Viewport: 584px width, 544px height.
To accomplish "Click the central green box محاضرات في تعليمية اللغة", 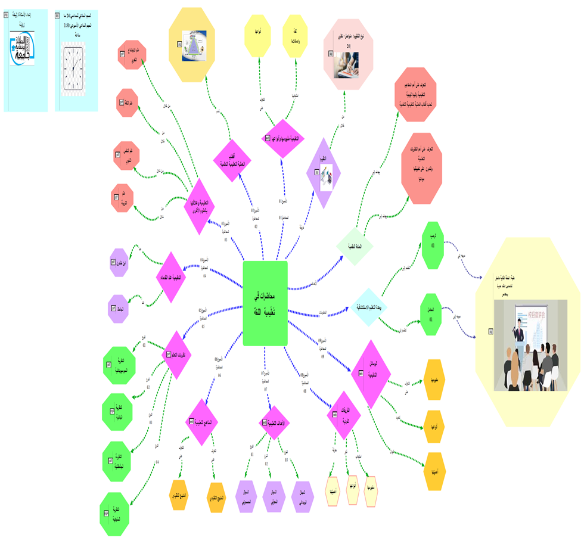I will pyautogui.click(x=266, y=303).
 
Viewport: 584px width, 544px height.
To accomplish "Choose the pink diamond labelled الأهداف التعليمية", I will pyautogui.click(x=274, y=423).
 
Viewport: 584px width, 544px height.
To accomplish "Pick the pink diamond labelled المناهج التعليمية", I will pyautogui.click(x=202, y=422).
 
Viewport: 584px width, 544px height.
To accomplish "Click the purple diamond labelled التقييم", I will pyautogui.click(x=324, y=173).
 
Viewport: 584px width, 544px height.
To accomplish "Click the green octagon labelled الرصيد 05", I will pyautogui.click(x=437, y=245).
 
